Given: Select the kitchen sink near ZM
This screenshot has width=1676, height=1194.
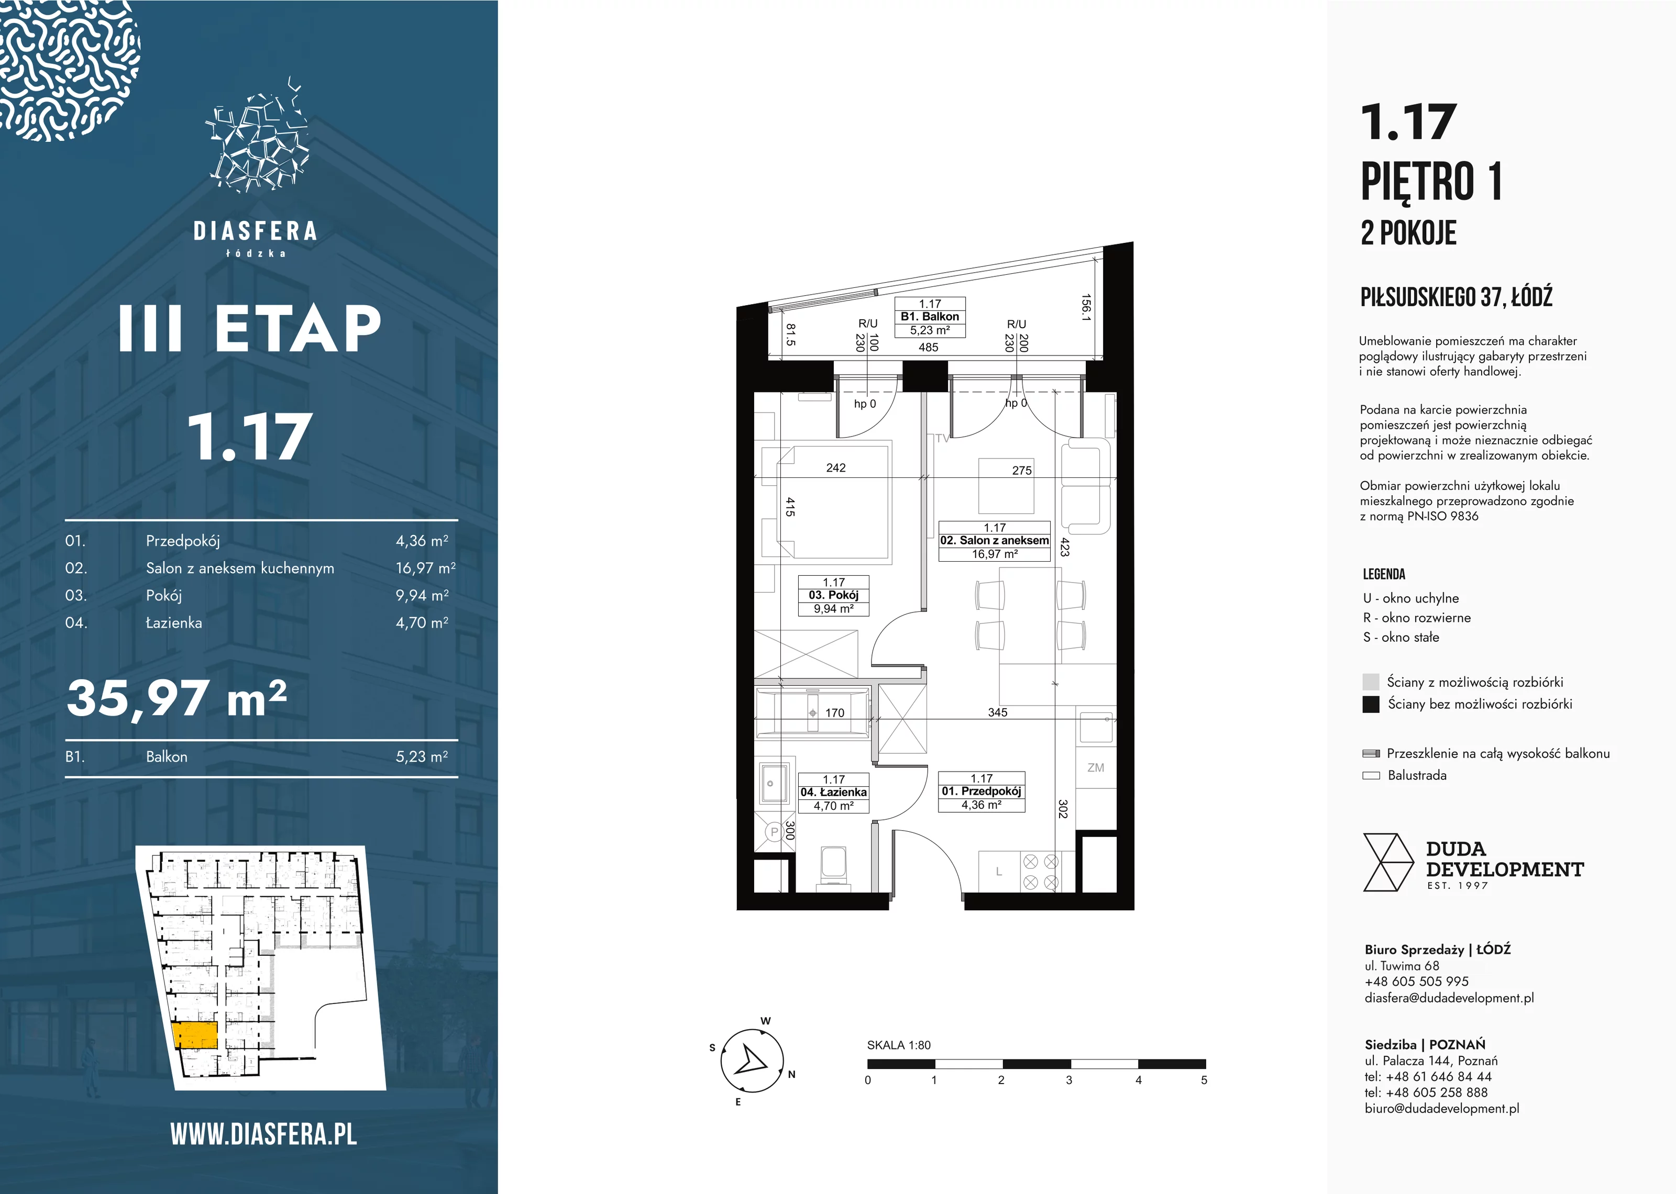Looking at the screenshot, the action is [1095, 727].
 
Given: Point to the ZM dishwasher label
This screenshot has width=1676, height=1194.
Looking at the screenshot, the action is [1096, 767].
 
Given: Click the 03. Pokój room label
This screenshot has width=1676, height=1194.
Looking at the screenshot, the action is [834, 595].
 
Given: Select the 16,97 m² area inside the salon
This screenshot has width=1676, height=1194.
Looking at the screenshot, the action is [994, 554].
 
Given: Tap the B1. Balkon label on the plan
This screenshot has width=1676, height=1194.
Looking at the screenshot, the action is [930, 317].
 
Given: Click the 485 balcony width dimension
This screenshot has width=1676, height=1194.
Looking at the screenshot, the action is [928, 347].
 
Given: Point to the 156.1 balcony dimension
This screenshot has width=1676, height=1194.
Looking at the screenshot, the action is [1085, 307].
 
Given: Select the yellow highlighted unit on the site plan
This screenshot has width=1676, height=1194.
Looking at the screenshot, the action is [195, 1034].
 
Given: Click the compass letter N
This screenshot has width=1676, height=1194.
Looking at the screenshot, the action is [791, 1074].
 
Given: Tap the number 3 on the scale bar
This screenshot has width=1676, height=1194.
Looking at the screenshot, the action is [1068, 1080].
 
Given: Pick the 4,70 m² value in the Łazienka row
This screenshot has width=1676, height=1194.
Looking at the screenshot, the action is [422, 623].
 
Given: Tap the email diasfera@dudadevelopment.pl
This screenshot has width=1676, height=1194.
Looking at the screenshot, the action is [1449, 998].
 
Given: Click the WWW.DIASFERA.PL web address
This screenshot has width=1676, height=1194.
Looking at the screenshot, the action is [263, 1134].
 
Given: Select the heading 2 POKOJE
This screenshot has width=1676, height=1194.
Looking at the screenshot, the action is [1408, 233].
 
